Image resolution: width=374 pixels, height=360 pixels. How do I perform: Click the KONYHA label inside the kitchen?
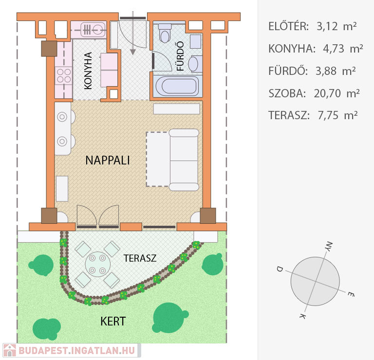[88, 71]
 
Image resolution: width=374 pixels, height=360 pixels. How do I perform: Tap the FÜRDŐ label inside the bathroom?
[180, 56]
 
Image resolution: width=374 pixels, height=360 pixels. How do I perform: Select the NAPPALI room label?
[108, 160]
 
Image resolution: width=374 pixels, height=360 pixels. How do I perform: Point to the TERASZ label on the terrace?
[140, 258]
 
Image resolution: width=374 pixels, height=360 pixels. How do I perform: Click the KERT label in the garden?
[113, 322]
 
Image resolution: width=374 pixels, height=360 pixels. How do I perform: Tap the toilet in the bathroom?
[165, 33]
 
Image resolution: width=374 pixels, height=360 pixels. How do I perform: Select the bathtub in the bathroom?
[178, 86]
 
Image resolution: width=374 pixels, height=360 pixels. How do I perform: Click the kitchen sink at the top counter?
[93, 30]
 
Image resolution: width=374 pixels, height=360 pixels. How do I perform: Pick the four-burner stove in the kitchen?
[64, 75]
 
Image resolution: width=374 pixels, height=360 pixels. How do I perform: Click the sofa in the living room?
[184, 160]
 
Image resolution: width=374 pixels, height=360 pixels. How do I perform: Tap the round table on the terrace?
[97, 264]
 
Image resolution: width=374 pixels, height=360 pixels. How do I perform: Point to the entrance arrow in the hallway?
[133, 33]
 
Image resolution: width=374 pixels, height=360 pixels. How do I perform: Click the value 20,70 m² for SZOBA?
[337, 93]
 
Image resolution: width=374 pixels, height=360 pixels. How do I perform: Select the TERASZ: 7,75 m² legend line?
[313, 115]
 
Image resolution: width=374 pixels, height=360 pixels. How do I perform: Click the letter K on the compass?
[303, 316]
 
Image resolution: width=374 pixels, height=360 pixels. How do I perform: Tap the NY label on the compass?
[329, 246]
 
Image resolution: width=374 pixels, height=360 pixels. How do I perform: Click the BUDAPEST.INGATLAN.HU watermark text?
[77, 350]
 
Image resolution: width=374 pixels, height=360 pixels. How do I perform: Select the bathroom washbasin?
[193, 64]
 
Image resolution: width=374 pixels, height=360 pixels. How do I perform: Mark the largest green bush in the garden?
[169, 318]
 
